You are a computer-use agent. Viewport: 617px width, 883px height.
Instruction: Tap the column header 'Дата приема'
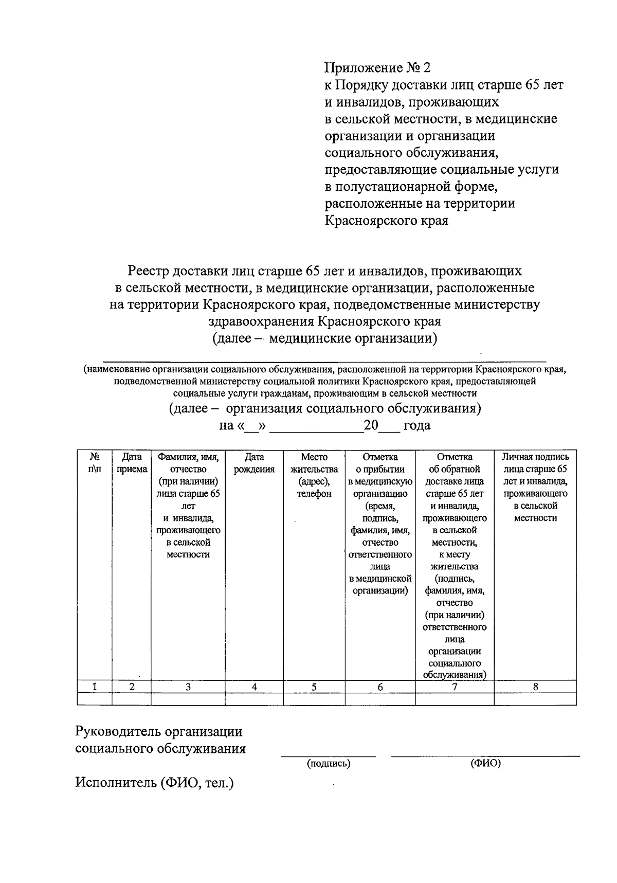coord(132,463)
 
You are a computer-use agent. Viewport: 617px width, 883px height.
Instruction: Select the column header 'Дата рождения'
coord(254,463)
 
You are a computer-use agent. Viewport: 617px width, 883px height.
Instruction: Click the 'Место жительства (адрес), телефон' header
coord(314,475)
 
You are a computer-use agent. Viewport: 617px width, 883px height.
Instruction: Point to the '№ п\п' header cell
coord(95,463)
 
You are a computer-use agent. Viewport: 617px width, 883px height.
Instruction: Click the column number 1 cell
coord(95,687)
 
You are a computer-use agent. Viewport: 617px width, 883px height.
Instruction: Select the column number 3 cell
coord(188,687)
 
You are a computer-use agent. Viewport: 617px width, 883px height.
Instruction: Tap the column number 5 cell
coord(314,687)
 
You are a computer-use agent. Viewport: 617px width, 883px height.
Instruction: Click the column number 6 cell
coord(380,687)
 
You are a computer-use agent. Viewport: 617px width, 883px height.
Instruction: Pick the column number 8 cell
coord(535,687)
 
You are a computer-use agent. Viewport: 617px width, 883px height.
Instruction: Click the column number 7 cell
coord(455,687)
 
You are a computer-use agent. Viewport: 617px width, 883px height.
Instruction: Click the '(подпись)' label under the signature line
coord(328,764)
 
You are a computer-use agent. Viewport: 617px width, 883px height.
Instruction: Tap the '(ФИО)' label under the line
coord(485,764)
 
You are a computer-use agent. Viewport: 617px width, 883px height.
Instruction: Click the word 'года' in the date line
coord(417,425)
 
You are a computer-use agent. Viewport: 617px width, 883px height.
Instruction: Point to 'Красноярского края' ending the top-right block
coord(386,221)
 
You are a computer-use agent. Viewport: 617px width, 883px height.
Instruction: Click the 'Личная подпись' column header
coord(535,457)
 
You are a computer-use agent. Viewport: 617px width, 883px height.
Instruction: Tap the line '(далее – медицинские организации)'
coord(324,338)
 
